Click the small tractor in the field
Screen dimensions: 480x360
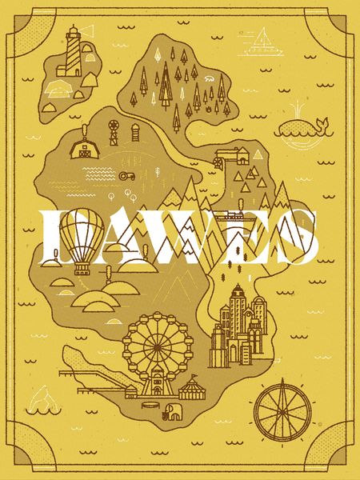(126, 174)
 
